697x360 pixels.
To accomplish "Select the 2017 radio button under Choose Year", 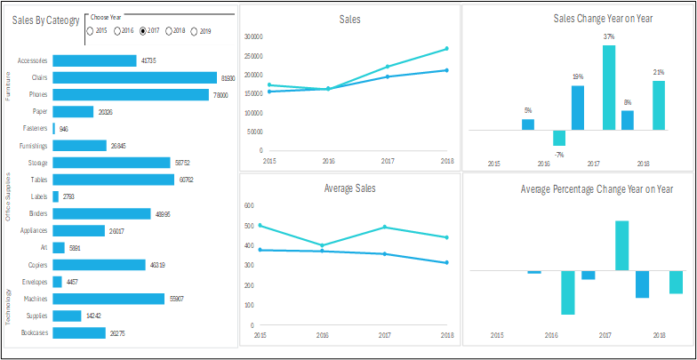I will point(143,31).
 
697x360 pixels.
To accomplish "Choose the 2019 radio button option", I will point(195,31).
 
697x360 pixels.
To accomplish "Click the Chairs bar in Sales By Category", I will point(134,77).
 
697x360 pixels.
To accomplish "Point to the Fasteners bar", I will point(54,128).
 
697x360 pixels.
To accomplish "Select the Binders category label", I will point(37,213).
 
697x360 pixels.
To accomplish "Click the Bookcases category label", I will point(34,332).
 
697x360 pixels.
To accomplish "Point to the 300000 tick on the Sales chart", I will point(252,37).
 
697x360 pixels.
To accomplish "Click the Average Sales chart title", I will point(350,188).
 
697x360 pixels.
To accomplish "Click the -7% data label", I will point(559,155).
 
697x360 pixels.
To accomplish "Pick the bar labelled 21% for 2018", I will point(659,105).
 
